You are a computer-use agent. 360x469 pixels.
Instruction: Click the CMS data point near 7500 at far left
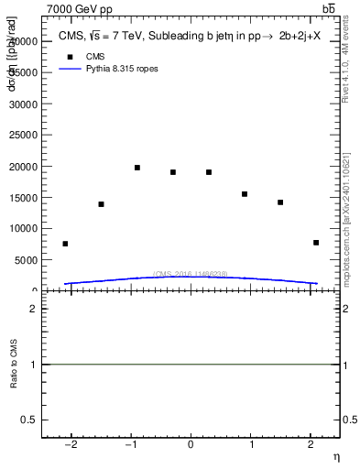65,244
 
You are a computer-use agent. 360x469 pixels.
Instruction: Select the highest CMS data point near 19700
137,168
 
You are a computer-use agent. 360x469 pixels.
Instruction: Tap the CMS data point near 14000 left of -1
101,204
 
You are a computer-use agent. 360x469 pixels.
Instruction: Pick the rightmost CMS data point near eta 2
316,243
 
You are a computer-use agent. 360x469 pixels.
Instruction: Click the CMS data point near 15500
245,194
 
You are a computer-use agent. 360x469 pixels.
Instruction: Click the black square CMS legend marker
68,56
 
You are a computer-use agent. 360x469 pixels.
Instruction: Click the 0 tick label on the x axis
191,445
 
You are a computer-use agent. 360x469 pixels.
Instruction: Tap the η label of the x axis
335,457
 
